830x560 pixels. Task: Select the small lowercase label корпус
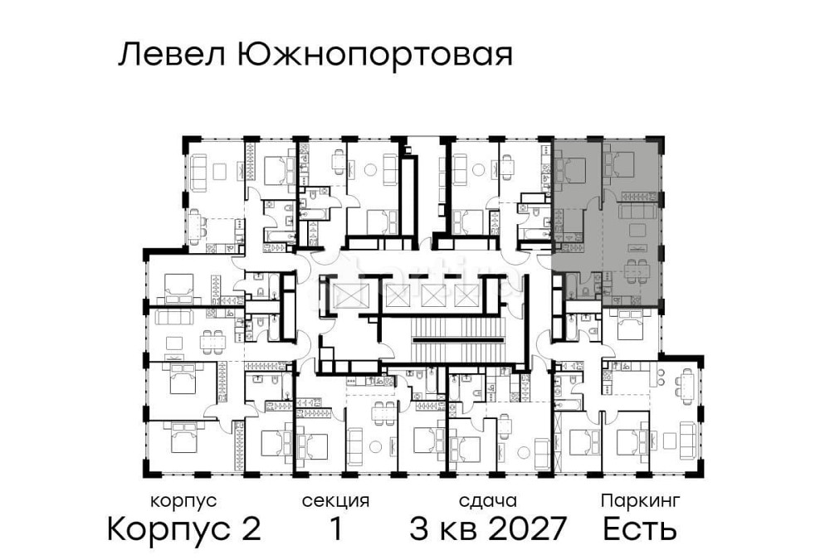click(x=183, y=501)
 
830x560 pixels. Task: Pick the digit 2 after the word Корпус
click(x=251, y=528)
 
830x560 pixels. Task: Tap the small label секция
click(x=335, y=501)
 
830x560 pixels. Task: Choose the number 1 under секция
click(x=335, y=528)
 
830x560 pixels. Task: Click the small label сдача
click(x=488, y=501)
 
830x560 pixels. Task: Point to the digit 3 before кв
click(x=420, y=528)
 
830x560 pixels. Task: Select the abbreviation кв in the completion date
click(x=457, y=528)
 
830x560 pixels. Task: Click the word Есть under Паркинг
click(x=640, y=528)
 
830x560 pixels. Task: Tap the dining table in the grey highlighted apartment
click(x=637, y=267)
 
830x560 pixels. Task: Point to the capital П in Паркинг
click(x=607, y=501)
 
